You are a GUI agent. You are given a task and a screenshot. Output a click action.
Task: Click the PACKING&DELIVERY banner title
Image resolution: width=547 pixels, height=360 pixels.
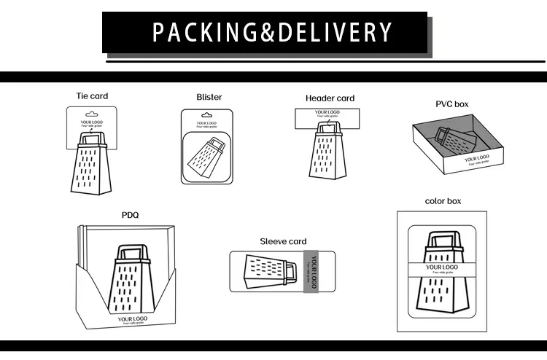tap(273, 33)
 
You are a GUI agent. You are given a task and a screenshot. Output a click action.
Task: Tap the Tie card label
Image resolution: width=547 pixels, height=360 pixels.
tap(92, 96)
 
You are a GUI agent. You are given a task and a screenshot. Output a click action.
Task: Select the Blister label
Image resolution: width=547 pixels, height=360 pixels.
tap(209, 97)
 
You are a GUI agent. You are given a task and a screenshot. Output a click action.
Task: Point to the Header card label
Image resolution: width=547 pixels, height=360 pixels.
tap(330, 98)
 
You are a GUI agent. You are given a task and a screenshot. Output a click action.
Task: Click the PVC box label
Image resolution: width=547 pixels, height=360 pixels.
tap(452, 104)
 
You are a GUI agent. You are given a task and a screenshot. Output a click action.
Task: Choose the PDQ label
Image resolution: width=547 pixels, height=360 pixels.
tap(130, 215)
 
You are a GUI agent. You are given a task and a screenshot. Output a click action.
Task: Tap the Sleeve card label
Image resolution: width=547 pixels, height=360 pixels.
tap(283, 241)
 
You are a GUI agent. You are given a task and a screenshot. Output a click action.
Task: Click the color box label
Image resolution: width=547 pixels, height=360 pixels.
tap(443, 201)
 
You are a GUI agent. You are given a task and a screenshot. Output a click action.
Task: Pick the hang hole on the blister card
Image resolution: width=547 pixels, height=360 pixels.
tap(207, 115)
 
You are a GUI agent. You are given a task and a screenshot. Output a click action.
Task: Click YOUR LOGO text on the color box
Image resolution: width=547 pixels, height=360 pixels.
tap(442, 267)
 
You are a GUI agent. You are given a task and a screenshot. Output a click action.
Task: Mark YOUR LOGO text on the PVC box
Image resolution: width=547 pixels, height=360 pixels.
tap(477, 157)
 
